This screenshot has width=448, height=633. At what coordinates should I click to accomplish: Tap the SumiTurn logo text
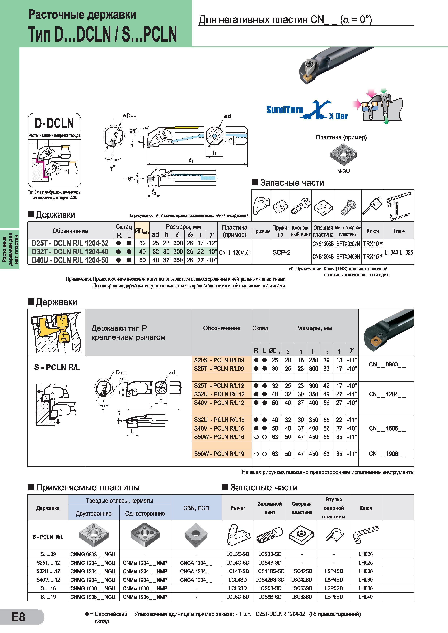285,110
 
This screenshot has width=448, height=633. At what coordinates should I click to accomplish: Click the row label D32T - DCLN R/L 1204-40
70,251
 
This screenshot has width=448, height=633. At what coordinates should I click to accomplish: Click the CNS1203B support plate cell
323,244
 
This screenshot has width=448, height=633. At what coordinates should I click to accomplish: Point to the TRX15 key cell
373,256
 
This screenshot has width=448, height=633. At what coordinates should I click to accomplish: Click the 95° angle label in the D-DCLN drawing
133,131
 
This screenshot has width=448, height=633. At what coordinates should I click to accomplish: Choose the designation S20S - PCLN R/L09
219,360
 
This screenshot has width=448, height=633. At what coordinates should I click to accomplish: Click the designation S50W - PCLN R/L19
219,454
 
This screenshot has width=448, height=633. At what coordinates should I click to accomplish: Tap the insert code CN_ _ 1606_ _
387,428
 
